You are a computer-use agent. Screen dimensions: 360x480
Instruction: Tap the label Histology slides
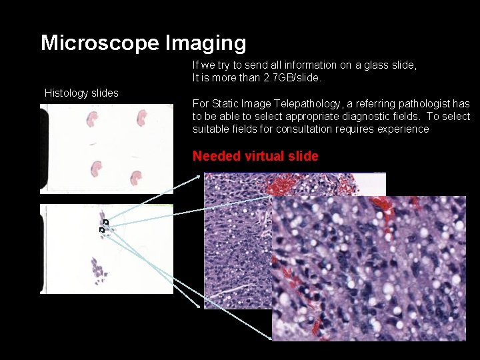tap(81, 93)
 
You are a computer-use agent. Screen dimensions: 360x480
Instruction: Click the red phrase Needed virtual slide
tap(255, 157)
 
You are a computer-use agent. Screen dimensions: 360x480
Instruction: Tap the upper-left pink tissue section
tap(92, 119)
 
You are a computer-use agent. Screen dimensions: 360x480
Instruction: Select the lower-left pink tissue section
tap(96, 169)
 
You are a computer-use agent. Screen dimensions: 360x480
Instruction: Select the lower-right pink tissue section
tap(136, 177)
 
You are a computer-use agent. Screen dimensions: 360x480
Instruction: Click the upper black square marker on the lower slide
tap(105, 221)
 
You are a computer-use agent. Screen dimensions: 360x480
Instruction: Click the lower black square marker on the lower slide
tap(101, 230)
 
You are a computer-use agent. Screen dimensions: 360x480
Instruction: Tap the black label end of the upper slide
tap(44, 149)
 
